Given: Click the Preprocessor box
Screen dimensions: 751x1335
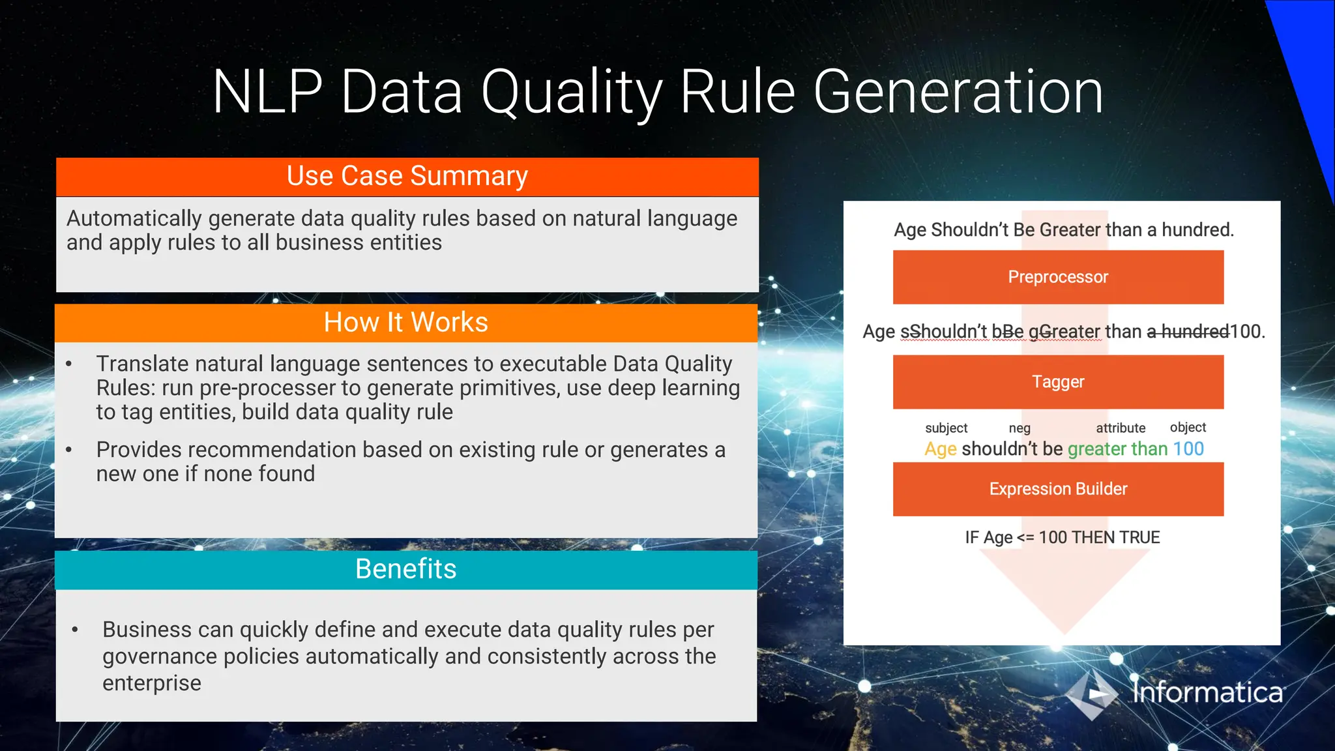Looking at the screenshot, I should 1057,277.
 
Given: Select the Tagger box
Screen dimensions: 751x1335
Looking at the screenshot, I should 1057,381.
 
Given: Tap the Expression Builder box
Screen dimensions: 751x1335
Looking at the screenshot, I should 1057,489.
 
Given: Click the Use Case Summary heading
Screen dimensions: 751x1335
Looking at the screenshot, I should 407,177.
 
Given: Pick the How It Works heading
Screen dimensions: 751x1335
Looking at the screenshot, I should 405,323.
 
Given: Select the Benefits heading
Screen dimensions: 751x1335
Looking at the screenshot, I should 405,569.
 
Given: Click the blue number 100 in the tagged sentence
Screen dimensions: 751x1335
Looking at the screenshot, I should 1188,449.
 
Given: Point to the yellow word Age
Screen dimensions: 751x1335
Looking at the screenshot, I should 940,449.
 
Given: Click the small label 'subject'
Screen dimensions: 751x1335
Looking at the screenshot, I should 946,428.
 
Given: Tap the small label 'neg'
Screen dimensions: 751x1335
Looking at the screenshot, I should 1020,428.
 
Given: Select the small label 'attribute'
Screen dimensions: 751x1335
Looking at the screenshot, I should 1120,428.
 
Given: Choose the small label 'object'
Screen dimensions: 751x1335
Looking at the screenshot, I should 1188,428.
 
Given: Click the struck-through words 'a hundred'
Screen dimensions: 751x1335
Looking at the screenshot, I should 1188,332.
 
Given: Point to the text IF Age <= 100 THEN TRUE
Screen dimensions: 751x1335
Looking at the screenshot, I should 1062,538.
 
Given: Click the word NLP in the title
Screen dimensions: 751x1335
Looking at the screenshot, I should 267,93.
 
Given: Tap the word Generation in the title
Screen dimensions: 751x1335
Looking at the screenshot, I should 958,93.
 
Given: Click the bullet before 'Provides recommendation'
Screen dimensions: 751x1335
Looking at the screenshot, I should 69,450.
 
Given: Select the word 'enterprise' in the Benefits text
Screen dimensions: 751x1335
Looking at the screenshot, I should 152,683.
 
